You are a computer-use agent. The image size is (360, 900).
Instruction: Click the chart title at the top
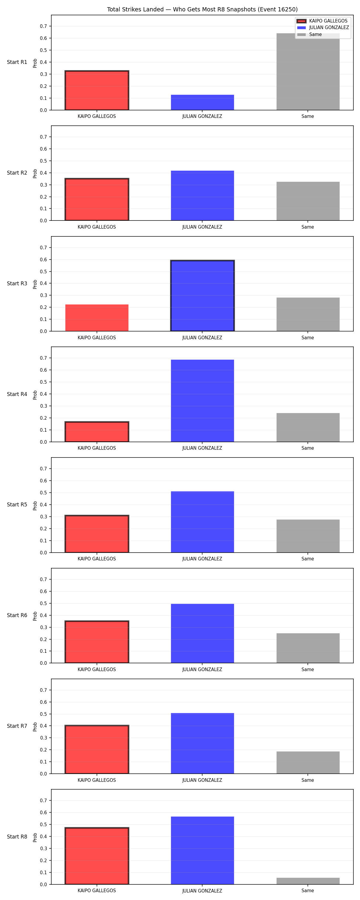[202, 9]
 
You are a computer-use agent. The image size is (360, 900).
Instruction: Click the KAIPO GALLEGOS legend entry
[322, 21]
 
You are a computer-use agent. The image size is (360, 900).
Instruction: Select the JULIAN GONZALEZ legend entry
[322, 28]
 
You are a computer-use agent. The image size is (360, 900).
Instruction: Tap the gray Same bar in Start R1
[308, 72]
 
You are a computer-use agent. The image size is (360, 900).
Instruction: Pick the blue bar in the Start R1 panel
[202, 102]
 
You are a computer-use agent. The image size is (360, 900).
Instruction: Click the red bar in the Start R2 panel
[97, 199]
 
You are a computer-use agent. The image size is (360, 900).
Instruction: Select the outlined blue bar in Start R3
[202, 295]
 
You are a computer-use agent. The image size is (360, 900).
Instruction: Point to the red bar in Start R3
[97, 318]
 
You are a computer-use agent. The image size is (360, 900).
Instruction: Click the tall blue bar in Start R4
[202, 401]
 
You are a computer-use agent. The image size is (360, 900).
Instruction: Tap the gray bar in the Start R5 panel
[308, 536]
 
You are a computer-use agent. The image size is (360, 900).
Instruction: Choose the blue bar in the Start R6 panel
[202, 633]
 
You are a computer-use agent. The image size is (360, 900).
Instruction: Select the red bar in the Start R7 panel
[97, 749]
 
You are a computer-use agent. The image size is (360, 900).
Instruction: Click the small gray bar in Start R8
[308, 881]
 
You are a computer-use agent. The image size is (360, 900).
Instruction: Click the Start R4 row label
[17, 394]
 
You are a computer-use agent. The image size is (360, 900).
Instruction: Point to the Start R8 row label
[17, 836]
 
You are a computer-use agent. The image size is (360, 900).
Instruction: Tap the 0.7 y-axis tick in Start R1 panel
[43, 26]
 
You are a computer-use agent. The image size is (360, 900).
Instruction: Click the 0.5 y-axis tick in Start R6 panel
[43, 603]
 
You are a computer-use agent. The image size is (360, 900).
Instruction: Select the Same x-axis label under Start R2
[307, 227]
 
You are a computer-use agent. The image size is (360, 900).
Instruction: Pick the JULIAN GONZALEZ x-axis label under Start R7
[202, 780]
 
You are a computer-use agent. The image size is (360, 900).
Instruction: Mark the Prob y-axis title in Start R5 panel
[35, 505]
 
